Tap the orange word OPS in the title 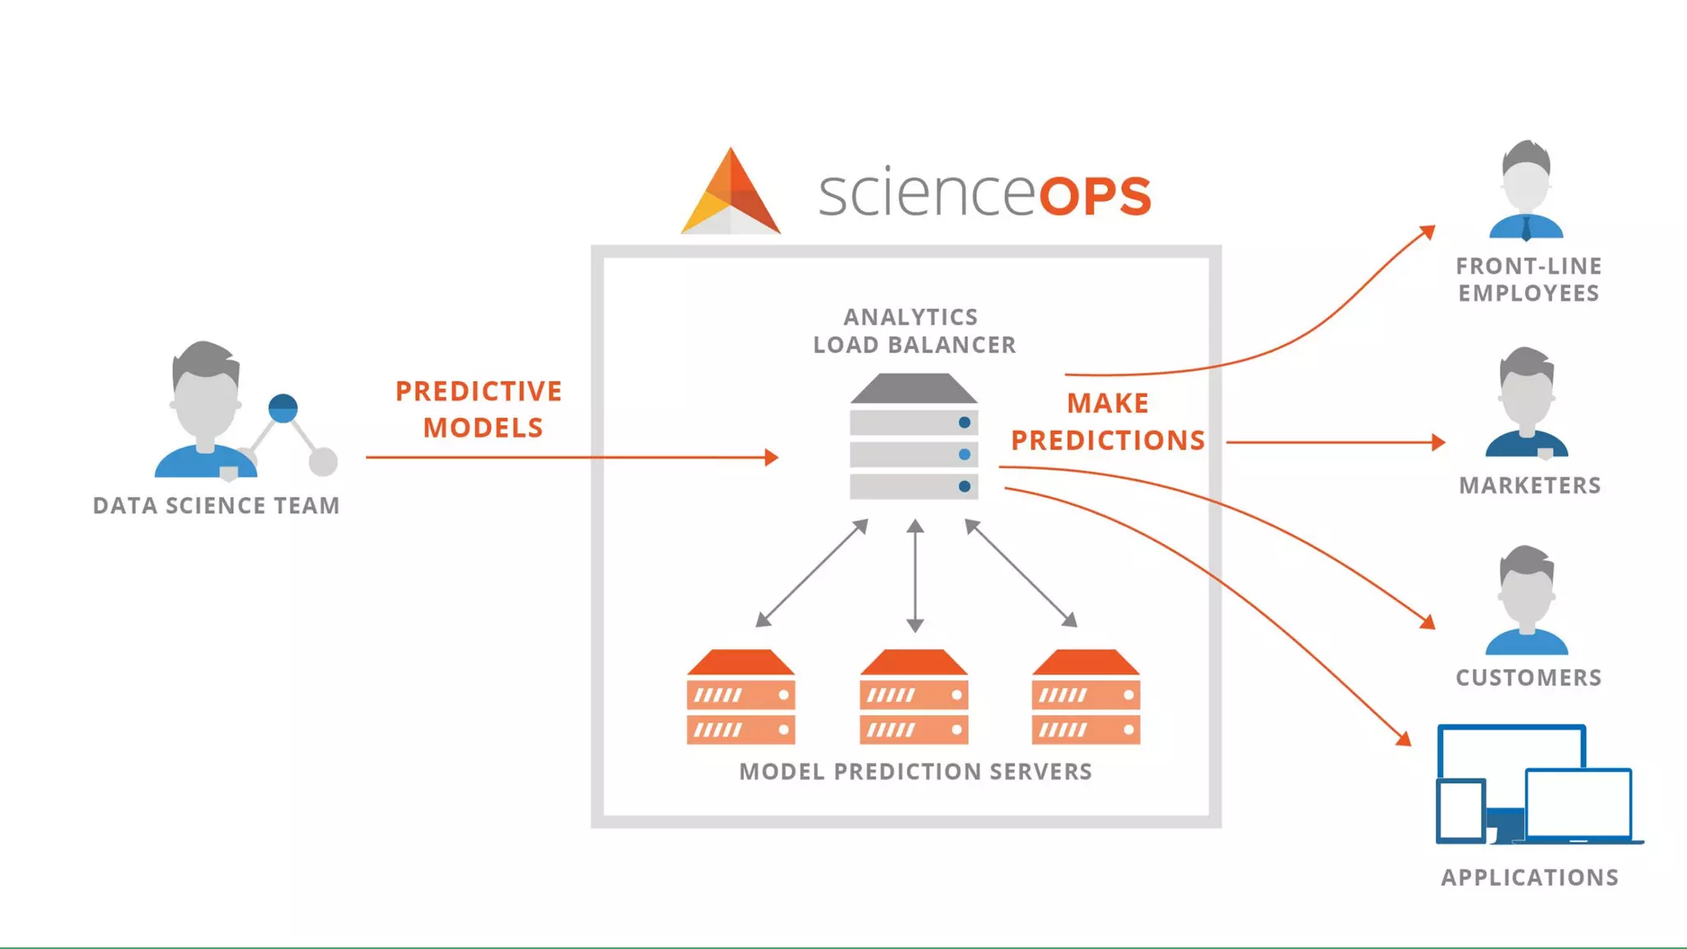pos(1095,196)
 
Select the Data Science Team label pos(216,505)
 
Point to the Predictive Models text pos(480,409)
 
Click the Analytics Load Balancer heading pos(914,330)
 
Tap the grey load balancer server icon pos(914,437)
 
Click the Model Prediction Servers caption pos(915,772)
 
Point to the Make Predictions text pos(1108,422)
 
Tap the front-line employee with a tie pos(1526,190)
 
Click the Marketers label pos(1530,485)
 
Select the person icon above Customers pos(1526,601)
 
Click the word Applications pos(1530,877)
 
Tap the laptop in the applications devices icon pos(1578,805)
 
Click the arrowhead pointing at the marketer pos(1438,442)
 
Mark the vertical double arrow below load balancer pos(914,575)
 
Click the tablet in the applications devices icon pos(1461,811)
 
